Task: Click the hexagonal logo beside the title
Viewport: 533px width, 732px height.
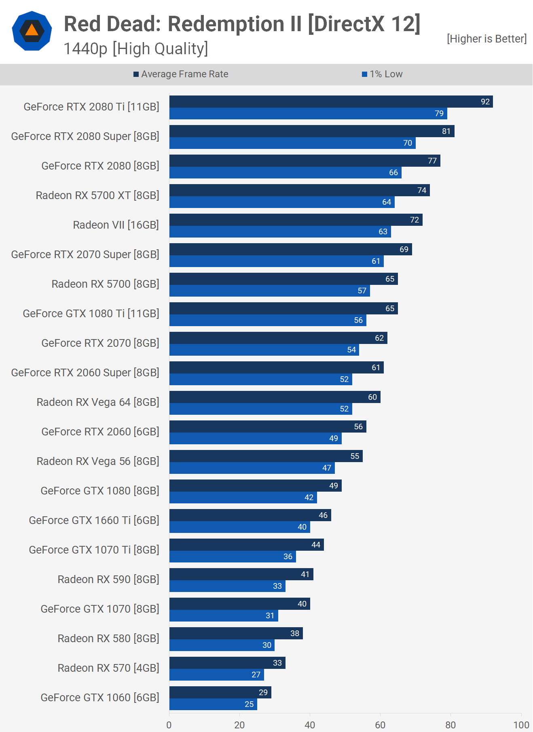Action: (x=32, y=31)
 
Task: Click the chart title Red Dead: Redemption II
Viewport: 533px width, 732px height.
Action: (x=242, y=24)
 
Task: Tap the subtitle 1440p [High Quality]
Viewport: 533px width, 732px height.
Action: (x=136, y=49)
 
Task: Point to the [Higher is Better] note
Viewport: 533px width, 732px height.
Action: (x=486, y=39)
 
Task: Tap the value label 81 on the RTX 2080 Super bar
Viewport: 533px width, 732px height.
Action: (x=446, y=131)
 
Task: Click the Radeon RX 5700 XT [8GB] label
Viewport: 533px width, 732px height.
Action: (x=97, y=195)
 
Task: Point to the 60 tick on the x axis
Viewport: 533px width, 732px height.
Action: (x=380, y=725)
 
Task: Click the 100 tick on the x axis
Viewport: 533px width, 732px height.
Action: (x=521, y=725)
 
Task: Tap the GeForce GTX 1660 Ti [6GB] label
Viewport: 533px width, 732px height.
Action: (x=94, y=520)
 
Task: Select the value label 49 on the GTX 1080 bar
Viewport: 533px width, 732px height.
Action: (x=334, y=486)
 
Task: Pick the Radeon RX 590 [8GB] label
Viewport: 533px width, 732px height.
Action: (x=108, y=579)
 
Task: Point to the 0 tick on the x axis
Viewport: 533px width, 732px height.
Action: (x=169, y=725)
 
